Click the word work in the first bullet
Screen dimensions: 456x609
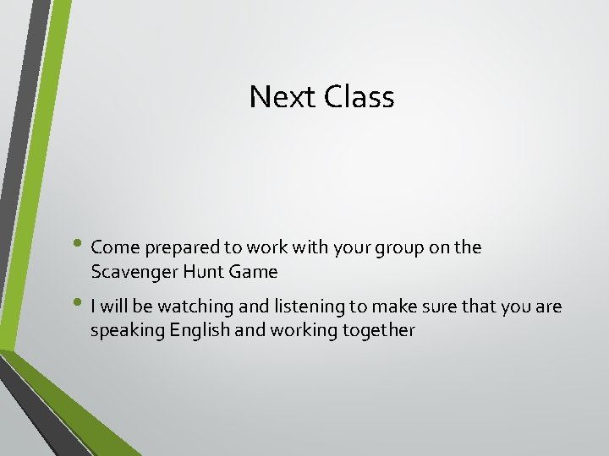click(260, 247)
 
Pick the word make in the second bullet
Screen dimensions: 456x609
click(386, 307)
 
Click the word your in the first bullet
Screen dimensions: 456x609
click(348, 248)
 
